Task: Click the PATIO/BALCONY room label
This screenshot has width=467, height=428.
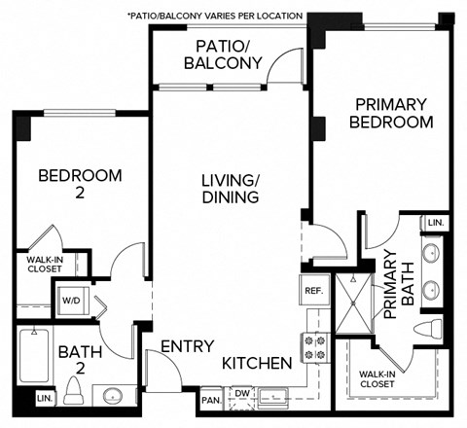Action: point(230,54)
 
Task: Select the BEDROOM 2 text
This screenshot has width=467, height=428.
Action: point(80,185)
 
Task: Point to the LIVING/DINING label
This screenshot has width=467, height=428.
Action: point(230,188)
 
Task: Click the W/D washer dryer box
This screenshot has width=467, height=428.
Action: point(71,301)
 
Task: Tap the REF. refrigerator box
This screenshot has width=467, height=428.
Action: point(313,290)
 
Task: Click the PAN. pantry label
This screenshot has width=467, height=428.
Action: point(210,398)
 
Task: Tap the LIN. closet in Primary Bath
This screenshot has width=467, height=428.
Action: point(434,223)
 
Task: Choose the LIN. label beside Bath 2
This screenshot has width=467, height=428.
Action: point(44,399)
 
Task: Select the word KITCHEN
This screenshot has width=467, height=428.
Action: point(257,363)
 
